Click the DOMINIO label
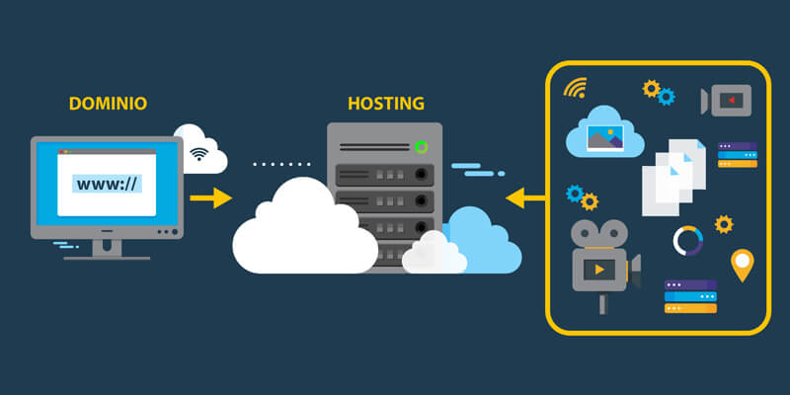pos(108,103)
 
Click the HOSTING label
pos(386,103)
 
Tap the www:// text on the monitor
pos(108,183)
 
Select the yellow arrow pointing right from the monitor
pos(210,198)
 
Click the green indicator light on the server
pos(422,147)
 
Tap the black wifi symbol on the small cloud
pos(200,154)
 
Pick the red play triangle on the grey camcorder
pos(730,100)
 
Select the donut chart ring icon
pos(687,240)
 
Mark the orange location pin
pos(742,265)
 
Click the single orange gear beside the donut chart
pos(724,224)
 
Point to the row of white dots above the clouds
pos(279,165)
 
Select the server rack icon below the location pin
pos(690,296)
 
